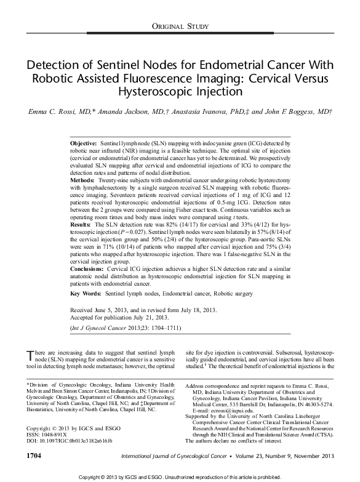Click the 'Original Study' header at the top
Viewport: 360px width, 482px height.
coord(179,26)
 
